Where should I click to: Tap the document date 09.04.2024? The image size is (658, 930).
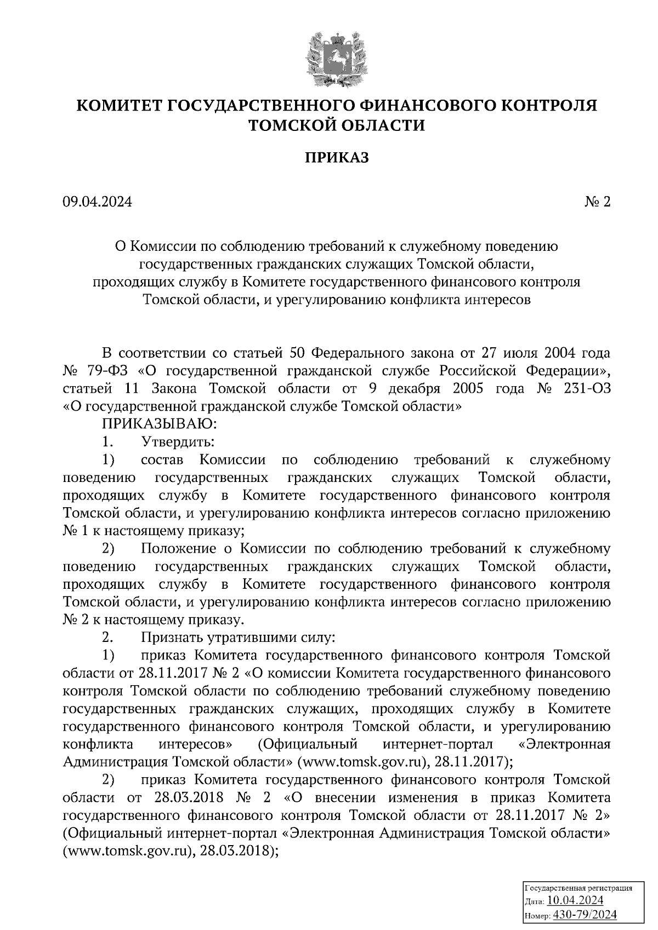click(98, 203)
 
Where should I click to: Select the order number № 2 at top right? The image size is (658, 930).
click(597, 203)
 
